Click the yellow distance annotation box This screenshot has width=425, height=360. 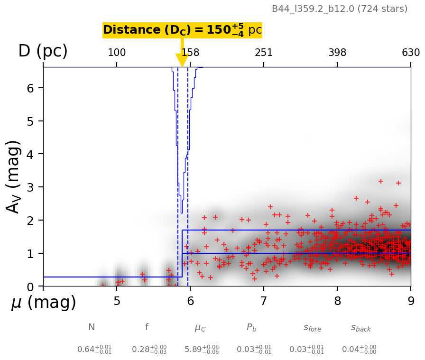click(x=182, y=30)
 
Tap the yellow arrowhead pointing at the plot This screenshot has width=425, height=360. click(x=182, y=60)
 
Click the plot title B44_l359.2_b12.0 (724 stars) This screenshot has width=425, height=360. click(x=339, y=9)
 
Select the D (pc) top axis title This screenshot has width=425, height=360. click(x=43, y=51)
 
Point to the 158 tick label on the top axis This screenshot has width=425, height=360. click(x=190, y=53)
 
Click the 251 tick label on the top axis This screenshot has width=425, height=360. click(x=264, y=53)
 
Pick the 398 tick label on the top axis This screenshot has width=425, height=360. click(x=337, y=53)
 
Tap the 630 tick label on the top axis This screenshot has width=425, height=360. click(x=411, y=53)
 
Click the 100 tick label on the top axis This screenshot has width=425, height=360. click(x=117, y=53)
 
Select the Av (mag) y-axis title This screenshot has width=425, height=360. click(x=14, y=176)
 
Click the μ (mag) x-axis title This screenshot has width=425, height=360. click(x=44, y=303)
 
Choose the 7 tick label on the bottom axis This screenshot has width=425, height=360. click(x=264, y=302)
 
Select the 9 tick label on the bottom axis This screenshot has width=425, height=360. click(x=411, y=302)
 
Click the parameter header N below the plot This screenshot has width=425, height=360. click(x=92, y=327)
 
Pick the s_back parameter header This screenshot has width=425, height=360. click(x=361, y=328)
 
